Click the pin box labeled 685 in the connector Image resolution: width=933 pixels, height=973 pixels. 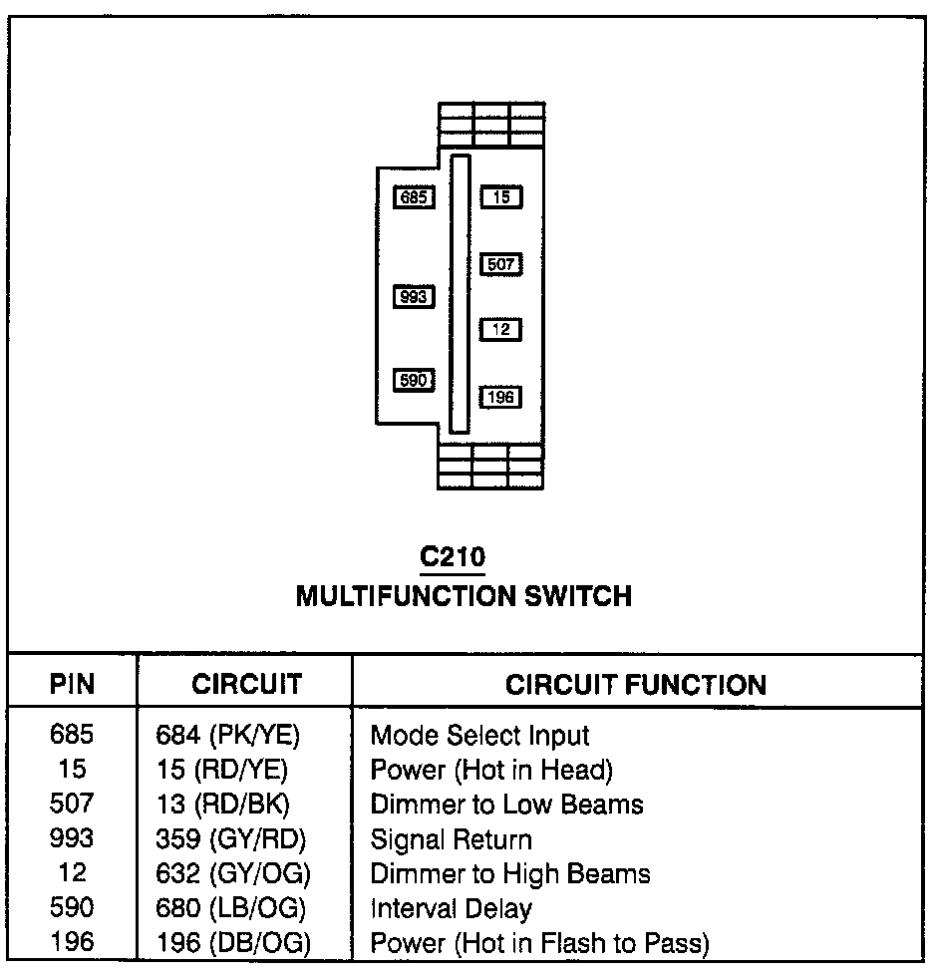tap(413, 197)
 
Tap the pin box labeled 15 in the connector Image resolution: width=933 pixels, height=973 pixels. tap(501, 197)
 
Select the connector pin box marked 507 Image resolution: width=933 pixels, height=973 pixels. tap(501, 264)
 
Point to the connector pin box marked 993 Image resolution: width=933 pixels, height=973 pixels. tap(413, 296)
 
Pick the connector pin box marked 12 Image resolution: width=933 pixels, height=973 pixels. tap(501, 329)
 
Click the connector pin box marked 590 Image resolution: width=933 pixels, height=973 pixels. tap(413, 380)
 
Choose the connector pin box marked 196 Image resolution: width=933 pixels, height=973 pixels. tap(501, 397)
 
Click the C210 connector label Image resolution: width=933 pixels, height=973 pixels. tap(453, 556)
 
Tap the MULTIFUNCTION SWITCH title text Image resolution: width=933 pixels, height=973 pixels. tap(464, 596)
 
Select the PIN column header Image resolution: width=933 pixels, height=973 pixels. tap(72, 685)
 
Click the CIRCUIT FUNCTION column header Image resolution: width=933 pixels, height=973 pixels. tap(636, 685)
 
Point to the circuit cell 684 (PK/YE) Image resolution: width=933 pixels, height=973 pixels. tap(228, 736)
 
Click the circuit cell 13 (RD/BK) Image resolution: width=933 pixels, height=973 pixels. tap(223, 805)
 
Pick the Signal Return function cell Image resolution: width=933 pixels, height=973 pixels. tap(451, 839)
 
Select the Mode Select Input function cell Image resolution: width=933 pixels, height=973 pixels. tap(479, 736)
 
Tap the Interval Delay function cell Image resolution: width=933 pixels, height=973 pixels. tap(451, 908)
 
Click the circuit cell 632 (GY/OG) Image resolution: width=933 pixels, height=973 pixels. tap(234, 874)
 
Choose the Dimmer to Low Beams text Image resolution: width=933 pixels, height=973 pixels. tap(506, 805)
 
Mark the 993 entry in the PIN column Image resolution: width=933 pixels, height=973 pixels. tap(72, 839)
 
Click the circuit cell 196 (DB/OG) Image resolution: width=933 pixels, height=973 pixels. tap(234, 943)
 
